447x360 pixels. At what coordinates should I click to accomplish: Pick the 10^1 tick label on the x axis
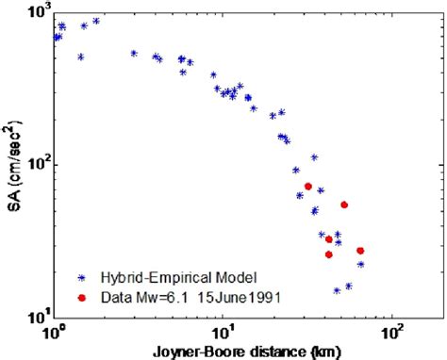[x=223, y=335]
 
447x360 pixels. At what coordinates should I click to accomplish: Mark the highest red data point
[x=308, y=187]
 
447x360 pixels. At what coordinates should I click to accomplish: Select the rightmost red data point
[x=360, y=251]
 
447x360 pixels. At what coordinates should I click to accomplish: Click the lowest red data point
[x=329, y=254]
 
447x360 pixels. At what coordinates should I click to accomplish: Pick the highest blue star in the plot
[x=96, y=20]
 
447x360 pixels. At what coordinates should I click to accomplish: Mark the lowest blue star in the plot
[x=337, y=291]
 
